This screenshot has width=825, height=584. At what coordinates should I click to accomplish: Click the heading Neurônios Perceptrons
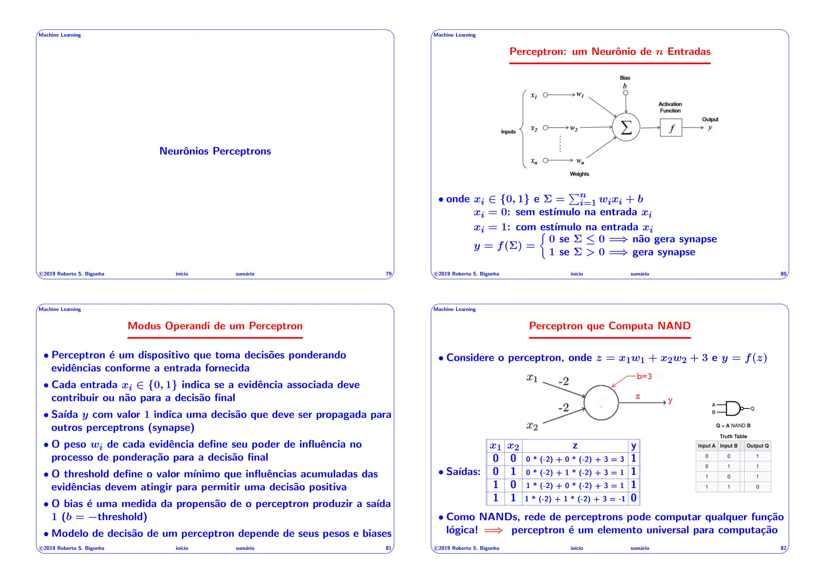coord(215,151)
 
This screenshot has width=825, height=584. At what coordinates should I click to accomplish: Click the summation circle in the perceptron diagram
coord(626,127)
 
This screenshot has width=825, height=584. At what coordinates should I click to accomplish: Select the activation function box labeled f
coord(671,128)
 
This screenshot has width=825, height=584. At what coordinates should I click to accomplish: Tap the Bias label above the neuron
coord(625,78)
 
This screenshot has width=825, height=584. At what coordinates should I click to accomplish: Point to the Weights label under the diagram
coord(579,174)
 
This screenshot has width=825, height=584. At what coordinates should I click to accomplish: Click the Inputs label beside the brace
coord(508,132)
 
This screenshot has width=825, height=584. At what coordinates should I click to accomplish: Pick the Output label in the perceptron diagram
coord(710,119)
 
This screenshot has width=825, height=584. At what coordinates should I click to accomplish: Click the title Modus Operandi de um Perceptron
coord(215,326)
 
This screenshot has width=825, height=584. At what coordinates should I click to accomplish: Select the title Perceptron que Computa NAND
coord(609,326)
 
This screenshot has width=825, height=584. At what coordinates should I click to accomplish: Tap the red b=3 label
coord(644,377)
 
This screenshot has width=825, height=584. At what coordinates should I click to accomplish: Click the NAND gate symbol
coord(733,409)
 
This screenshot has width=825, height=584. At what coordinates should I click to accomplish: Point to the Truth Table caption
coord(733,436)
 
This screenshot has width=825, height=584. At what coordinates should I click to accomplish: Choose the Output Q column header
coord(757,446)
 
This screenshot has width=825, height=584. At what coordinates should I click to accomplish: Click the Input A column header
coord(707,446)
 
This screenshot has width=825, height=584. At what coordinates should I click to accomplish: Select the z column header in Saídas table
coord(575,446)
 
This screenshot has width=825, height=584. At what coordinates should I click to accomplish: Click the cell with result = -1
coord(575,499)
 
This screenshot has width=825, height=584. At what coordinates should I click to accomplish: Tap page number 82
coord(783,548)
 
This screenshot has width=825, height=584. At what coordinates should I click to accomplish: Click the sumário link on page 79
coord(245,274)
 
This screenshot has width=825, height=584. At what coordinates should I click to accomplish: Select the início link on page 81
coord(182,548)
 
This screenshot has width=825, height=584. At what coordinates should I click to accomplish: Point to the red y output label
coord(670,401)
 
